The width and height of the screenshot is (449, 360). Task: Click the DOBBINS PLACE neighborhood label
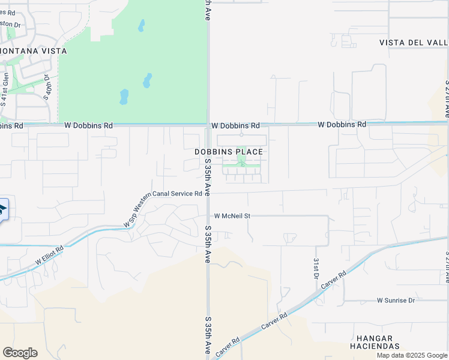tap(229, 152)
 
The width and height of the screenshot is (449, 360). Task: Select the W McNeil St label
tap(232, 215)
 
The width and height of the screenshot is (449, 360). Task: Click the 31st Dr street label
tap(316, 268)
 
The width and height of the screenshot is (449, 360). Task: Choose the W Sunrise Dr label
tap(396, 300)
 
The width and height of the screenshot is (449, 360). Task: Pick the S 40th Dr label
tap(47, 88)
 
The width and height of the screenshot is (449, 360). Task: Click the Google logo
tap(20, 353)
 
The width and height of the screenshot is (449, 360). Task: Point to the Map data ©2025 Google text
tap(412, 355)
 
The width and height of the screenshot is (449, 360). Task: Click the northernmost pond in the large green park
tap(142, 26)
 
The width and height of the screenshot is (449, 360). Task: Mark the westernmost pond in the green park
tap(124, 97)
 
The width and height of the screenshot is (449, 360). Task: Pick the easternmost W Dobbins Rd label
tap(342, 124)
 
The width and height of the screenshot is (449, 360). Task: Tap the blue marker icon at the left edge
tap(2, 209)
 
